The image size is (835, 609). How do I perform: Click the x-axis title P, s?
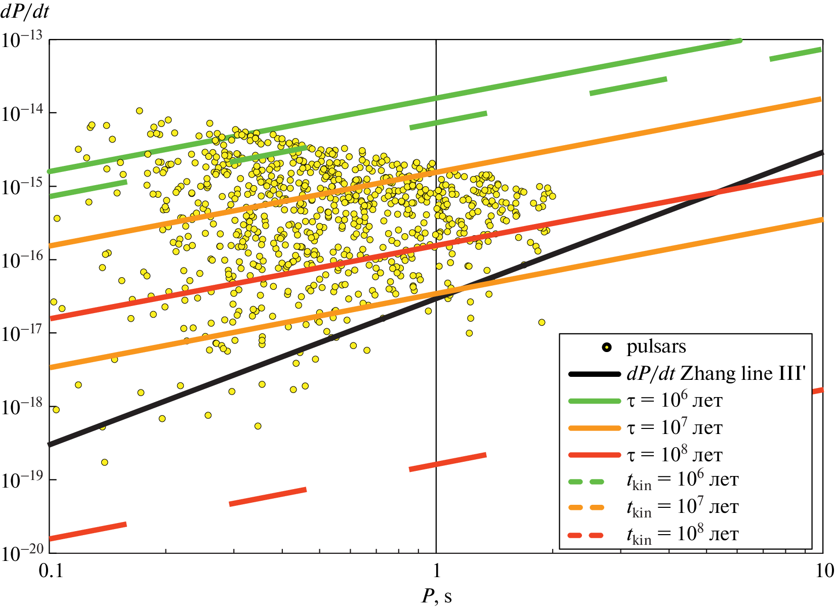tap(436, 596)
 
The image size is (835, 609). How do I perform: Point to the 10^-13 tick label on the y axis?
tap(22, 40)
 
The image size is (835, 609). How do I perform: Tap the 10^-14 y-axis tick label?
tap(22, 113)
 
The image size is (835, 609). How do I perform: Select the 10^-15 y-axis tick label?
tap(22, 187)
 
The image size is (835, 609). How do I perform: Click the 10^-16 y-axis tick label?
tap(22, 260)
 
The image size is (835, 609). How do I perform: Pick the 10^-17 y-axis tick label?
tap(22, 333)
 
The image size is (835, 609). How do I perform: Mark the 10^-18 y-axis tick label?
tap(22, 407)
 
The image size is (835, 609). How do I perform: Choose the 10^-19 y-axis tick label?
tap(22, 480)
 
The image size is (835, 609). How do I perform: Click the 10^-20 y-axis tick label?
tap(22, 553)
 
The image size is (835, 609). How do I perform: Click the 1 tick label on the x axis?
tap(436, 571)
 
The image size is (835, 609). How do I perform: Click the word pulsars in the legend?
tap(656, 347)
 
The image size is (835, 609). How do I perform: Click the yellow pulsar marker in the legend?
tap(607, 347)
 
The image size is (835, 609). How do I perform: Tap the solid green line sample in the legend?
tap(594, 401)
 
